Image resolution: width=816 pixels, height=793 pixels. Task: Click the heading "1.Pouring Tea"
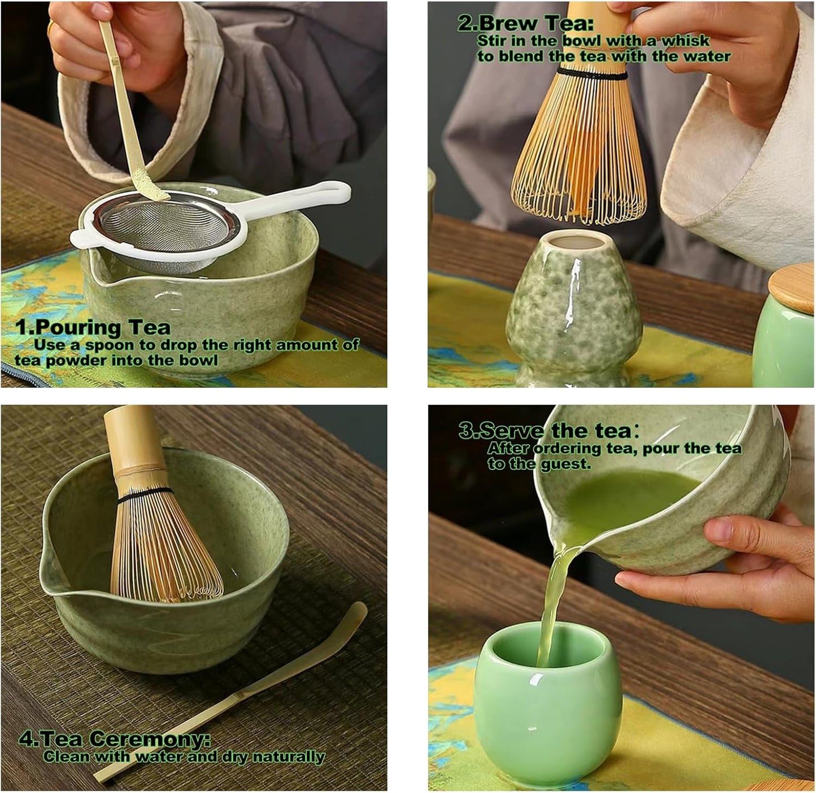click(93, 327)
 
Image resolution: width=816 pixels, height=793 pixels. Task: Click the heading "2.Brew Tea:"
click(525, 23)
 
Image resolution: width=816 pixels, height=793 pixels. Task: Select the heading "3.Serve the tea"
click(546, 431)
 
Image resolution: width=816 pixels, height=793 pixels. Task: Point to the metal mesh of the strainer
click(164, 226)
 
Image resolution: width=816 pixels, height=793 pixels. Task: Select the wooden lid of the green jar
click(793, 288)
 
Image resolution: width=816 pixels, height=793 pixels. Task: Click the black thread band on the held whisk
click(591, 74)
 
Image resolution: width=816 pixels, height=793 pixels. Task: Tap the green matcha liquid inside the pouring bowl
click(621, 497)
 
